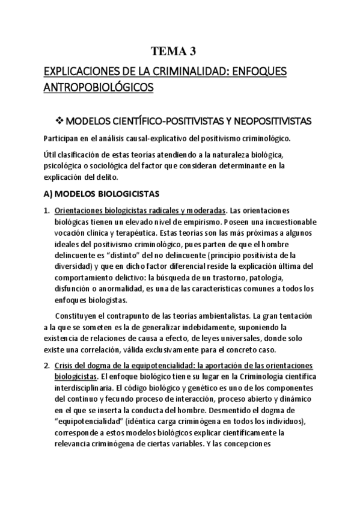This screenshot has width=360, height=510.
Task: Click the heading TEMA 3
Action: pos(179,51)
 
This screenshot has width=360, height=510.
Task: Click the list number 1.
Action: pos(46,210)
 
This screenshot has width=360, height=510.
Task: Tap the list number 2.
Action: pos(46,366)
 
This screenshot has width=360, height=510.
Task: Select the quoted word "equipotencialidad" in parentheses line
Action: pos(90,420)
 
